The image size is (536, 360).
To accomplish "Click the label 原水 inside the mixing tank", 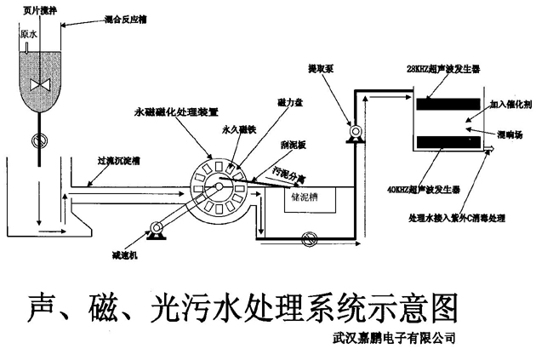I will click(30, 35).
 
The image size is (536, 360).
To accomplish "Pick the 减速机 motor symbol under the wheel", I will click(157, 228).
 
